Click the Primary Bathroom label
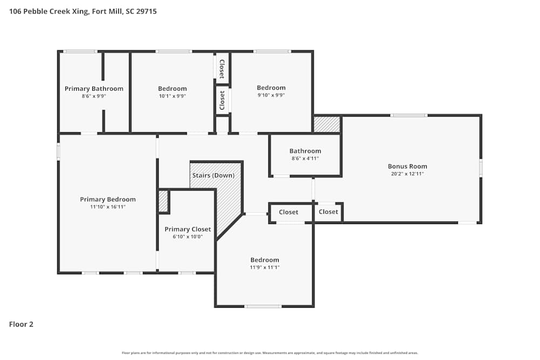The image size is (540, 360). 93,89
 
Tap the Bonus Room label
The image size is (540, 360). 407,166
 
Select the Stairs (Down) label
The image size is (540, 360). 213,175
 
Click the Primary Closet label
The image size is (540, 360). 188,229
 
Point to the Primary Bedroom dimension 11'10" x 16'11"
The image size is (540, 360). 108,207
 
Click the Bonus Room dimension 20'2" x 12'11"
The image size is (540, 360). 407,174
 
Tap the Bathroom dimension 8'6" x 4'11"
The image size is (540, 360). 305,159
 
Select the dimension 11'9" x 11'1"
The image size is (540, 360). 265,267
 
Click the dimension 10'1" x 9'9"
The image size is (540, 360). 172,96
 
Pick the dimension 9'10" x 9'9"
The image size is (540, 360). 271,96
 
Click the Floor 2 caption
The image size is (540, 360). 21,324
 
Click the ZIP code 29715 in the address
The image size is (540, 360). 146,11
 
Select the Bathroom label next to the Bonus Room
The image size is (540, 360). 305,151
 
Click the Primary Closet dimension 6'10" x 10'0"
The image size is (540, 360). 188,237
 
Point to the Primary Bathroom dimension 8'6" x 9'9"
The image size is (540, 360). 93,97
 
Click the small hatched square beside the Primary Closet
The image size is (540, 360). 163,201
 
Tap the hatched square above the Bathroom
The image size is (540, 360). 327,124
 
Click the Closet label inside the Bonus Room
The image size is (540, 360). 328,212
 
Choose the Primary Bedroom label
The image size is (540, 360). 108,199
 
